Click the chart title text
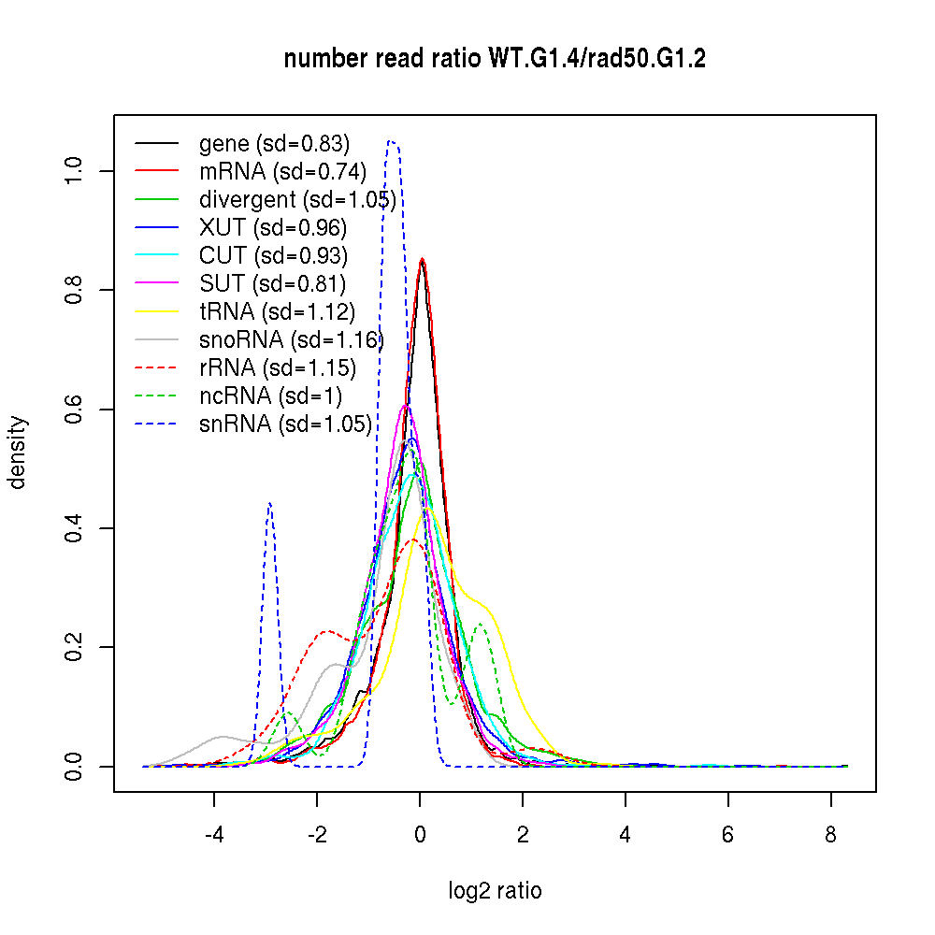click(495, 60)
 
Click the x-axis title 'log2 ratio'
click(495, 891)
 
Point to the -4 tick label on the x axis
click(214, 834)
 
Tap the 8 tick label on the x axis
click(830, 834)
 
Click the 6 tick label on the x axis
click(727, 834)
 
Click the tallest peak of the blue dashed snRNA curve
click(391, 141)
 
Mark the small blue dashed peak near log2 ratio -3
click(269, 503)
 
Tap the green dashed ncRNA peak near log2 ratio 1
click(482, 625)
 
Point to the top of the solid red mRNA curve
click(423, 259)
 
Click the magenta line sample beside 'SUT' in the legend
click(156, 284)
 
